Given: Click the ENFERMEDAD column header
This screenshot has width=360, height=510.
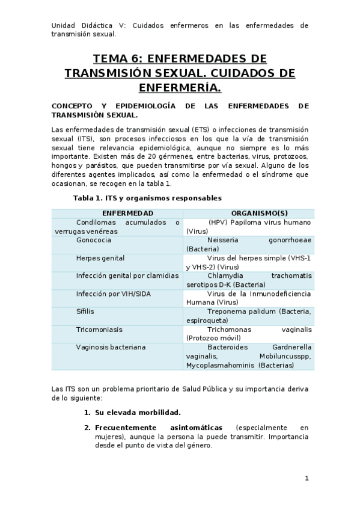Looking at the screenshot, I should pos(127,214).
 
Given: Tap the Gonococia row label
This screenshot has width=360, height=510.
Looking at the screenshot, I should pos(93,240).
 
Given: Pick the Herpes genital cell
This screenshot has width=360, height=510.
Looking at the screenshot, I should pos(100,258).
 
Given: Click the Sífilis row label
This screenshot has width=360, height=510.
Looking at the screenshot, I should pos(85,312).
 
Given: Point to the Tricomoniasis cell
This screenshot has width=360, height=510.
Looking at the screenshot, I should pos(99,330).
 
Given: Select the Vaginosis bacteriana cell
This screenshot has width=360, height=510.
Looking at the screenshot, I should pos(111,347).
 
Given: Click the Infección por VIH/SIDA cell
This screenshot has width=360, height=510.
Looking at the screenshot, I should pos(109,293).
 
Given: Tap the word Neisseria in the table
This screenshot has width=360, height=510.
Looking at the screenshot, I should pos(224,240).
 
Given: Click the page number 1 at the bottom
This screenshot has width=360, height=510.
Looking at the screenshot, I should pos(307,479).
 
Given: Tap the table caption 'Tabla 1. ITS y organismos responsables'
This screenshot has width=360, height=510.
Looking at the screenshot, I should pos(147,198).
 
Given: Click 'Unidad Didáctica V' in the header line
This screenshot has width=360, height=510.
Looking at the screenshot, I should pos(84,26).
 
